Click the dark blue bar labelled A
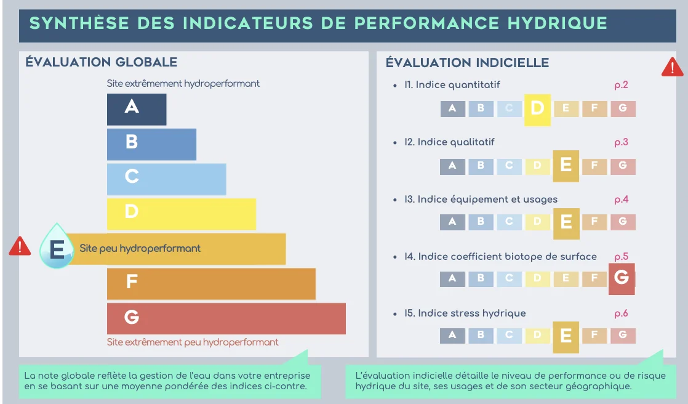(x=137, y=109)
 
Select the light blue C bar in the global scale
(x=166, y=179)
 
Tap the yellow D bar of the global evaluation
(x=181, y=213)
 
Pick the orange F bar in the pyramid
(x=211, y=283)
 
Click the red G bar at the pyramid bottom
(x=226, y=318)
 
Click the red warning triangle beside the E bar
(x=20, y=247)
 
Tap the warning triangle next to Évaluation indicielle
(x=672, y=67)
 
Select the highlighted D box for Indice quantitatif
(x=537, y=109)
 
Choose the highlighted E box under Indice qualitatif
(x=566, y=166)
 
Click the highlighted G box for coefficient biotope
(x=622, y=278)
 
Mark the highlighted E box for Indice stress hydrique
(x=566, y=336)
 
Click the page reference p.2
(x=621, y=85)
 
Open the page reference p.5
(x=621, y=256)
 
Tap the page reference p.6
(x=621, y=313)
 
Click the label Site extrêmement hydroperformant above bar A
(x=183, y=83)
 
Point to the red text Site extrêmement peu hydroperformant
(x=193, y=342)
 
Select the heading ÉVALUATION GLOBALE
(x=102, y=62)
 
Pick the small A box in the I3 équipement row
(x=452, y=222)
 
